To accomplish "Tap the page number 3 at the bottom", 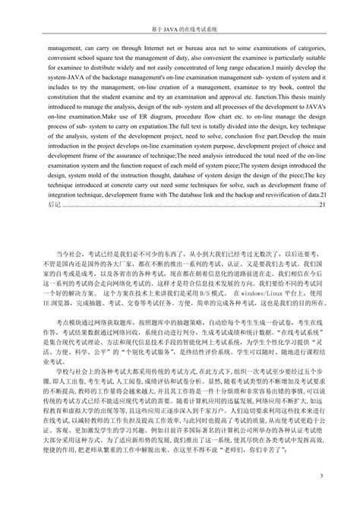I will click(x=321, y=477).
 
